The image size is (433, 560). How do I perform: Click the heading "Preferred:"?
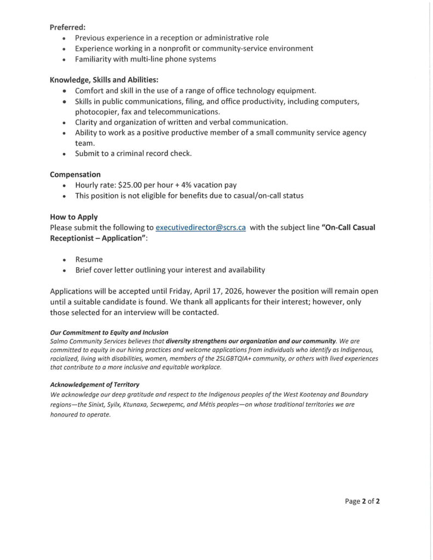[x=67, y=27]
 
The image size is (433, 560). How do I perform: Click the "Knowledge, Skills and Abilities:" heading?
[x=104, y=79]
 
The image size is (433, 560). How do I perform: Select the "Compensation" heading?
[x=75, y=174]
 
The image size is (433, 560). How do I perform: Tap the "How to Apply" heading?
[x=74, y=217]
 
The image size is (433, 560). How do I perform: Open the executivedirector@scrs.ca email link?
[x=200, y=227]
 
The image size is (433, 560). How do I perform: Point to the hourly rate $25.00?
[x=131, y=185]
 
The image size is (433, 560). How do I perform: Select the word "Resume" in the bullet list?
[x=89, y=259]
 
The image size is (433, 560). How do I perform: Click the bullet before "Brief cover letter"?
[x=65, y=270]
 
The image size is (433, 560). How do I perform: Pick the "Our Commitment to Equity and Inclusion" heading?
[x=109, y=332]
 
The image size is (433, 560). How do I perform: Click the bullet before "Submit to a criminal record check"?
[x=65, y=154]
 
